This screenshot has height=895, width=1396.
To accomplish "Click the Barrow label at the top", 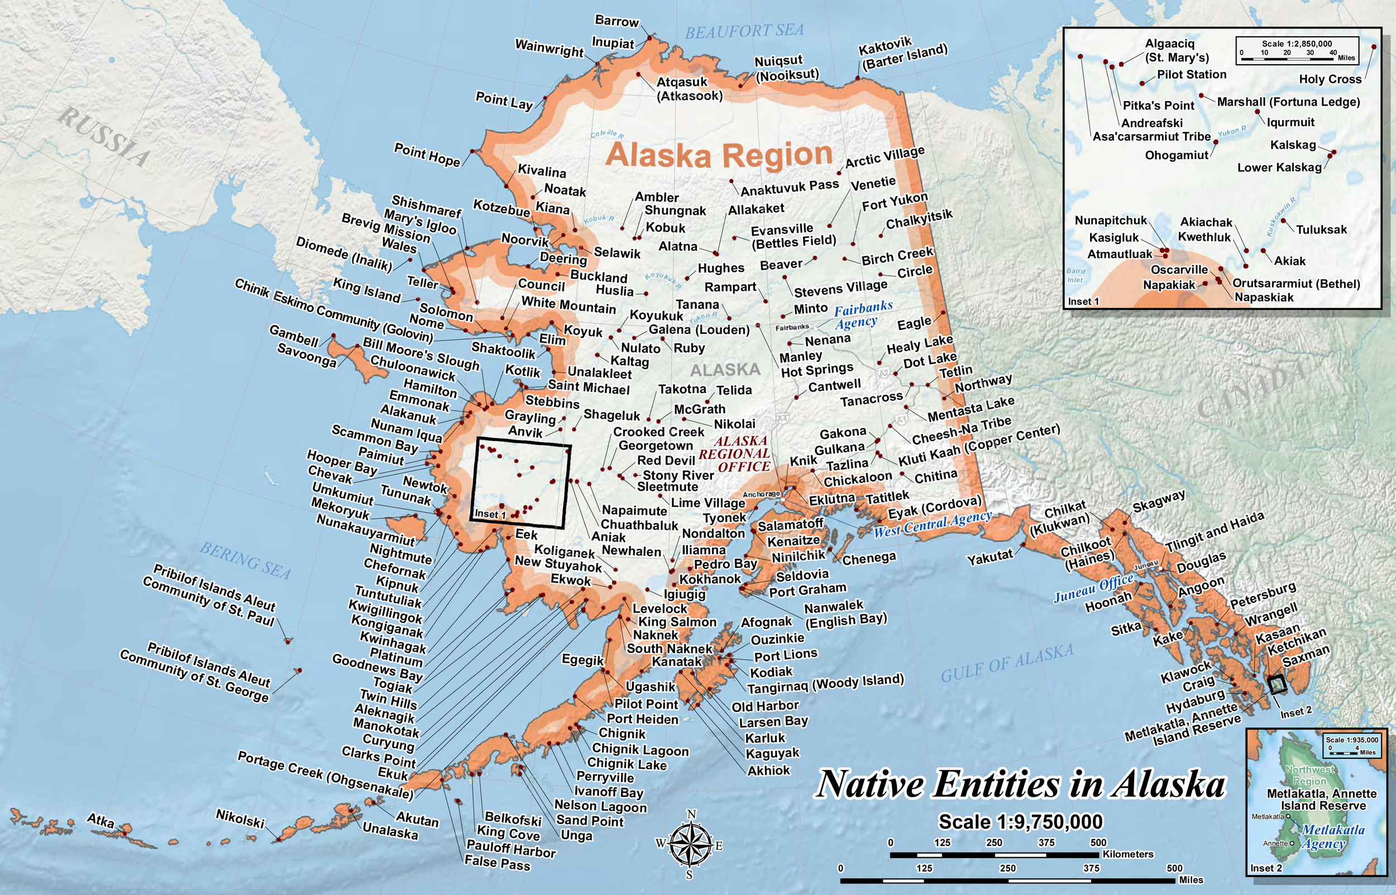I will click(x=616, y=22).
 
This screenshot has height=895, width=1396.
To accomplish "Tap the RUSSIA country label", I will click(x=104, y=136).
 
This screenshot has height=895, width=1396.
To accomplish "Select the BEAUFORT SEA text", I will click(x=744, y=31).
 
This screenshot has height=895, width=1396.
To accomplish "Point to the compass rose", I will click(x=690, y=844).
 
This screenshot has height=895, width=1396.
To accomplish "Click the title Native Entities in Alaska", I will click(x=1021, y=784).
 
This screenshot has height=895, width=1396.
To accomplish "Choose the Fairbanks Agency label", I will click(x=859, y=314).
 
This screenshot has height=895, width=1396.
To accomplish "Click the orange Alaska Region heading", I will click(x=719, y=155).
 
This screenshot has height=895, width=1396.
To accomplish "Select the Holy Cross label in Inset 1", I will click(x=1330, y=79).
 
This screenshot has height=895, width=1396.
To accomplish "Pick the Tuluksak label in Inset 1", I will click(x=1321, y=229).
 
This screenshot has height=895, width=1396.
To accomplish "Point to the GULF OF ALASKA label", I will click(x=1007, y=663).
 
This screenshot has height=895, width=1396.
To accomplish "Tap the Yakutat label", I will click(x=989, y=557).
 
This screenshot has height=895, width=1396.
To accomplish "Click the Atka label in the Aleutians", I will click(x=101, y=820).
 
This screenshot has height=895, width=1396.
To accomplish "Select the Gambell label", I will click(x=294, y=336).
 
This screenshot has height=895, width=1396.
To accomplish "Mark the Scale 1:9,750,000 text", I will click(x=1021, y=822).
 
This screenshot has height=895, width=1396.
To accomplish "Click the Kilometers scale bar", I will click(x=994, y=855).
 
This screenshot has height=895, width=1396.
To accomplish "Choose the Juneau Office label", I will click(x=1094, y=587).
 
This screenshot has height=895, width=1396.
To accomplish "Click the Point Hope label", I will click(x=427, y=154).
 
